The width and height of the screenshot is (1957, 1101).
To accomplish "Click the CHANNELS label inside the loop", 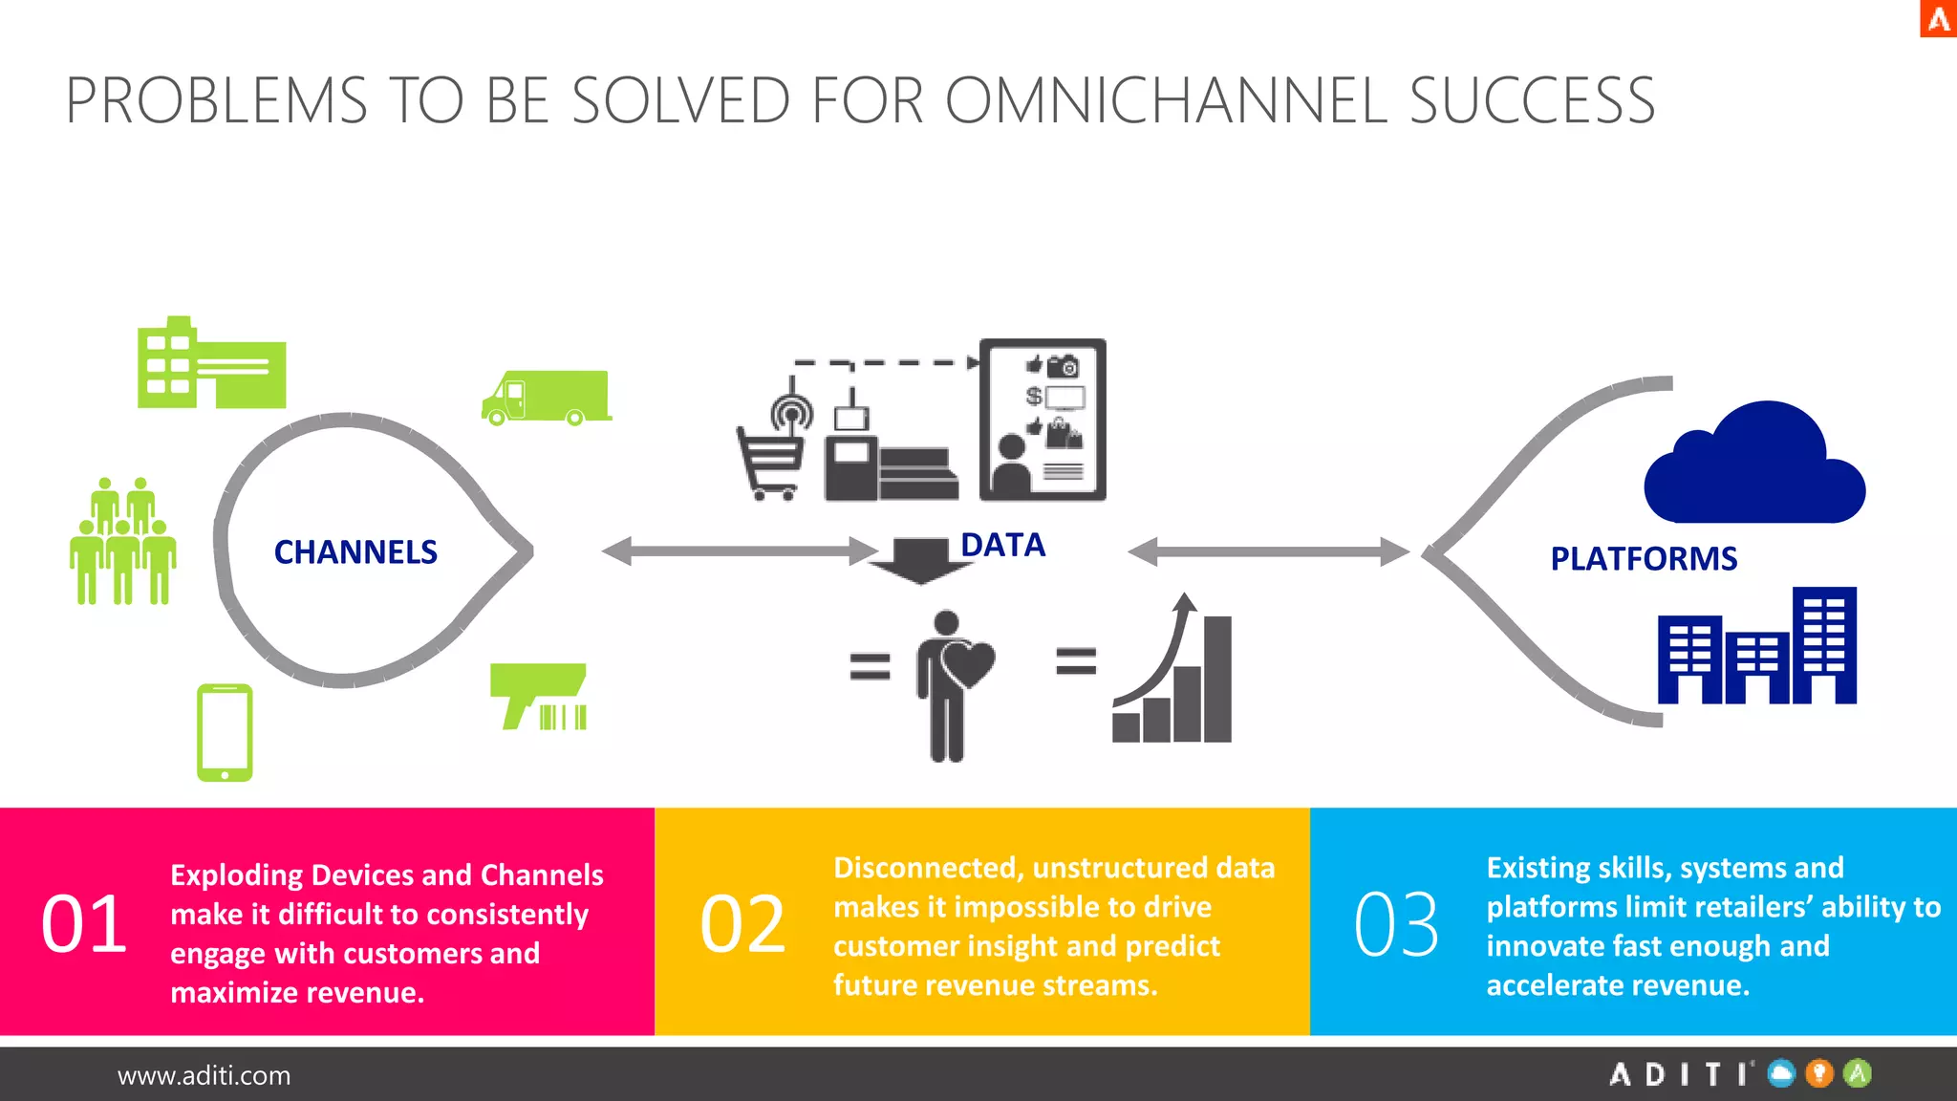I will [x=355, y=552].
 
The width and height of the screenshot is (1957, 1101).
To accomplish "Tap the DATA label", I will [x=1002, y=545].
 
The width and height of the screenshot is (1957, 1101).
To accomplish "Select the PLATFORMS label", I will [x=1644, y=559].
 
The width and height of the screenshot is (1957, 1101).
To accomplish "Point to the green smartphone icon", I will [x=225, y=732].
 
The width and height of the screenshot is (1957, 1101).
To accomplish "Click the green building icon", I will [x=211, y=365].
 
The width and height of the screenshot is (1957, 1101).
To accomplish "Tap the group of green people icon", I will [x=123, y=542].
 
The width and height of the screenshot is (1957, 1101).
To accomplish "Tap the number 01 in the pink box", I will [x=84, y=924].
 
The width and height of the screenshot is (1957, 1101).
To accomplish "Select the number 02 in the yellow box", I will [x=742, y=924].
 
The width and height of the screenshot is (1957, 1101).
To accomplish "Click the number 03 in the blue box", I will [x=1396, y=924].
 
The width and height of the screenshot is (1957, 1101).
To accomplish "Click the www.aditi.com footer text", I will [x=204, y=1076].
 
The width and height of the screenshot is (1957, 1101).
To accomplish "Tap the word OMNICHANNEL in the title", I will [x=1166, y=100].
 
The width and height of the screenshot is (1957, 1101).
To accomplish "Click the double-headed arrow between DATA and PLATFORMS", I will [x=1268, y=551].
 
